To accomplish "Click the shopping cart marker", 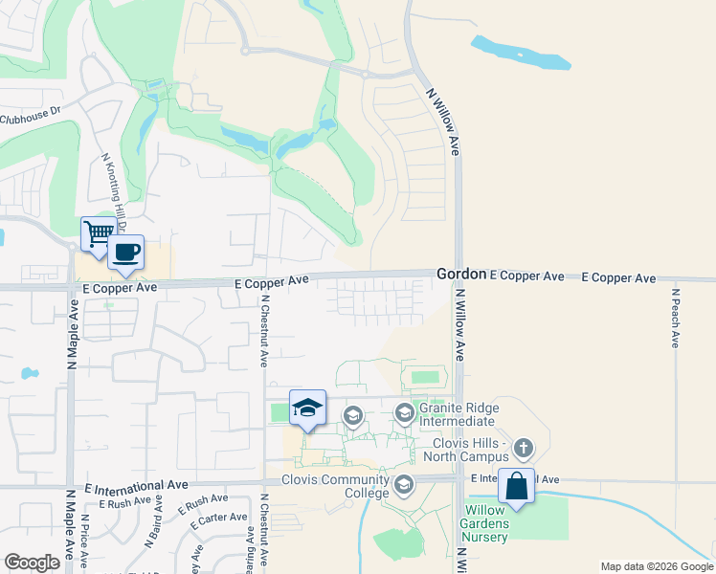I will [99, 232].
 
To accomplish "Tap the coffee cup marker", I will [125, 253].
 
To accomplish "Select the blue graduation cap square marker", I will [307, 408].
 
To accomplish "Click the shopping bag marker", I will [517, 487].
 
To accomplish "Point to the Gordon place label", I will [461, 274].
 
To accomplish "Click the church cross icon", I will [523, 447].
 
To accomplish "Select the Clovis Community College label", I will [335, 486].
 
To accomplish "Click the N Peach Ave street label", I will [675, 318].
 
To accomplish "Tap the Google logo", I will [32, 563].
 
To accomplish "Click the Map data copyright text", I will [656, 566].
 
